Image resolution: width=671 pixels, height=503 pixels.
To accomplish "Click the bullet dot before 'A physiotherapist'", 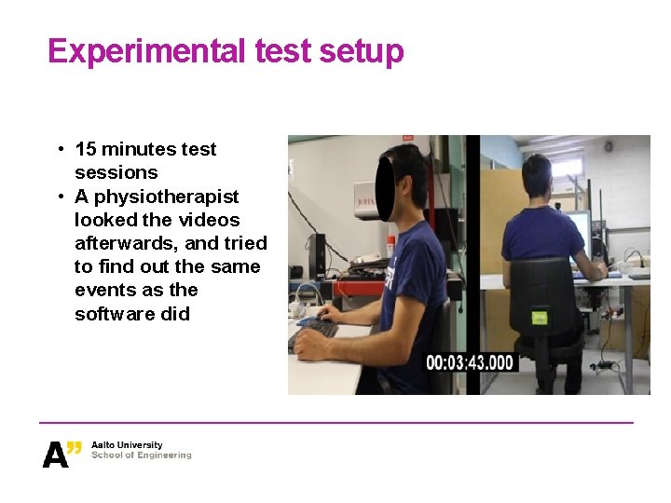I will [59, 197].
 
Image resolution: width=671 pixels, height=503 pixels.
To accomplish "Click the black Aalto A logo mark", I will [57, 454].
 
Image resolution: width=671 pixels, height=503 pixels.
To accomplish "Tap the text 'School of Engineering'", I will [141, 455].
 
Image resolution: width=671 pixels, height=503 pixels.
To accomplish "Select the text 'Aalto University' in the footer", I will [127, 445].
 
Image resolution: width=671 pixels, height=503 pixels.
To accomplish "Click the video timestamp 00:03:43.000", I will [470, 363].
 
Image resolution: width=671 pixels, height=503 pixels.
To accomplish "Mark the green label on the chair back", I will [538, 319].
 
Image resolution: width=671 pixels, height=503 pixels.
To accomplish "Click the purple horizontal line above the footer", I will [335, 423].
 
